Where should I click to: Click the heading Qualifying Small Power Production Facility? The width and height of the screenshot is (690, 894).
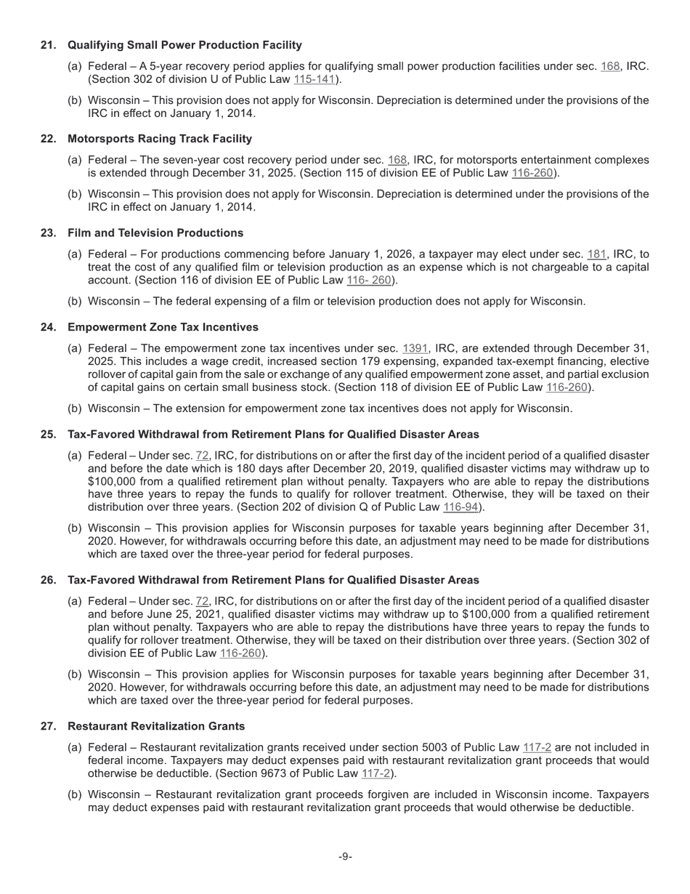pyautogui.click(x=184, y=45)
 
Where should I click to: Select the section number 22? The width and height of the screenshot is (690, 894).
pyautogui.click(x=49, y=139)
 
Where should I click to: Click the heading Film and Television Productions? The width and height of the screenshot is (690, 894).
pyautogui.click(x=155, y=233)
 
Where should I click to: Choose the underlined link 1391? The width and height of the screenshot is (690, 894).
pyautogui.click(x=415, y=348)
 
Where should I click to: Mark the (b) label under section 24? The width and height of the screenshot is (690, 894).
pyautogui.click(x=75, y=408)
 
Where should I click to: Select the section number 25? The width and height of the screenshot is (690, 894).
pyautogui.click(x=49, y=435)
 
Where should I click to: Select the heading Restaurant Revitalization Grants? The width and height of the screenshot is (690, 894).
pyautogui.click(x=156, y=727)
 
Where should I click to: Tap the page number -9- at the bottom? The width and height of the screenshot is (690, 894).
pyautogui.click(x=345, y=857)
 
